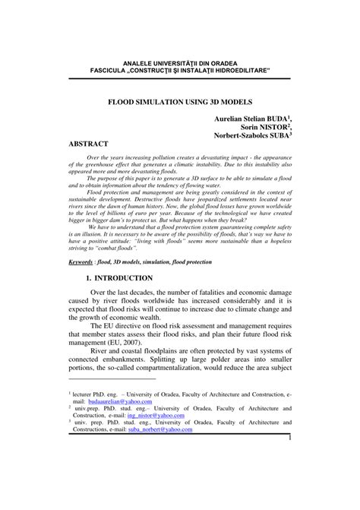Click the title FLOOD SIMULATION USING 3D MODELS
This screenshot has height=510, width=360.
[179, 101]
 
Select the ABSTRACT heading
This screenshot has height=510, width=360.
[88, 144]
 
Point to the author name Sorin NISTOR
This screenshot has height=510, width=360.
[267, 128]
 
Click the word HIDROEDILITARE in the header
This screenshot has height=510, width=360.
[238, 70]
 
